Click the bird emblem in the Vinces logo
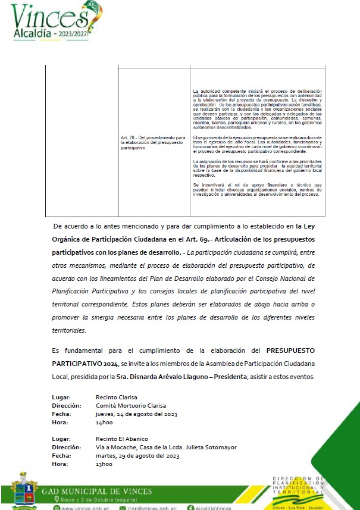pos(96,11)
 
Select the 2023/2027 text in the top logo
pos(84,35)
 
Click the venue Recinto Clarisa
pos(116,397)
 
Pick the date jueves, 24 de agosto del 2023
pos(138,414)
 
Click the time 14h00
pos(104,422)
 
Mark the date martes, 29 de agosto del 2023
pos(139,455)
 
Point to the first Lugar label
pos(61,397)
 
